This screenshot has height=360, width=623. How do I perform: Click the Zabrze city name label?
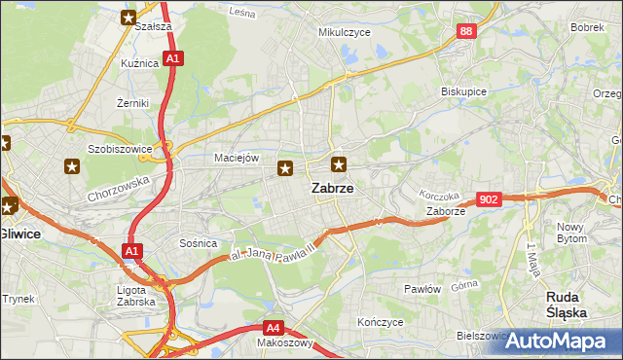point(332,190)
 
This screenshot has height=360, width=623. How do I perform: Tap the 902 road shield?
point(490,199)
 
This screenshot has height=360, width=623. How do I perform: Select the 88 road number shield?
point(466,32)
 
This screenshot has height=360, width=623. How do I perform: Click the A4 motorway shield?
point(275,328)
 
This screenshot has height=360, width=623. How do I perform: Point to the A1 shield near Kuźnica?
point(171,58)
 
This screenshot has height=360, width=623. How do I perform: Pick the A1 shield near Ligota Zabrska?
point(131,252)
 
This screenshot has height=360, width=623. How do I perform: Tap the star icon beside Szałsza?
point(128,17)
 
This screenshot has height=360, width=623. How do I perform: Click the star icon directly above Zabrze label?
point(338,164)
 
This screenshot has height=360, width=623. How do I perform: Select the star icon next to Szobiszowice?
point(72,166)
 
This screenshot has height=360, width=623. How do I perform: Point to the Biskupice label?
point(463,91)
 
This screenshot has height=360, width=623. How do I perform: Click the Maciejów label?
point(234,158)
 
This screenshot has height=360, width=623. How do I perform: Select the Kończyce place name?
point(380,322)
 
